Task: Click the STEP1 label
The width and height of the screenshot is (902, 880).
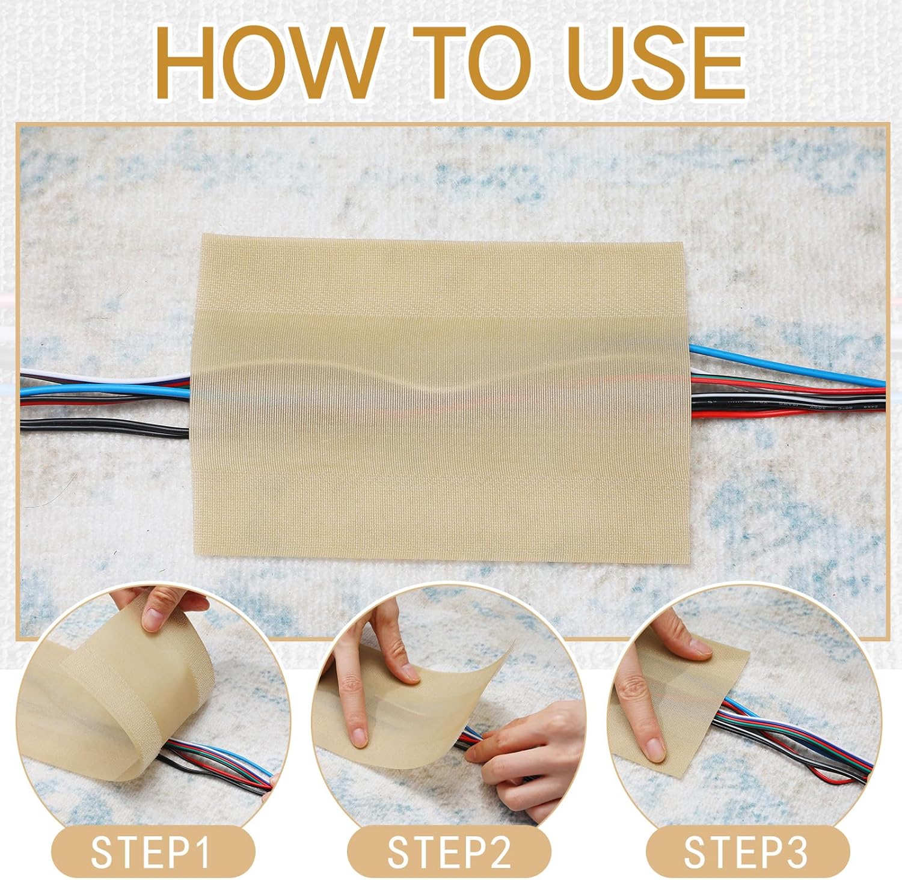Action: (x=152, y=852)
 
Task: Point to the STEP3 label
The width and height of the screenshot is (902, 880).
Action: (x=746, y=852)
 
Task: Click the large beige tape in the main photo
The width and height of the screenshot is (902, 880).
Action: (x=440, y=397)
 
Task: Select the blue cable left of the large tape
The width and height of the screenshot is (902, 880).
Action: (x=105, y=391)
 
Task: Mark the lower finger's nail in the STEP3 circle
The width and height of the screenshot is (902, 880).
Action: (x=652, y=749)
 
